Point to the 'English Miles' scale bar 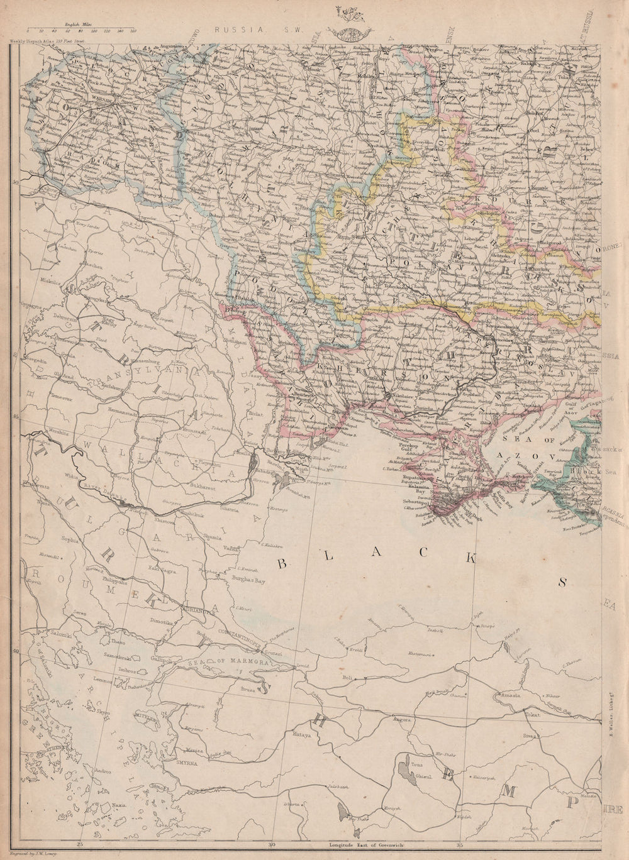click(70, 29)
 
